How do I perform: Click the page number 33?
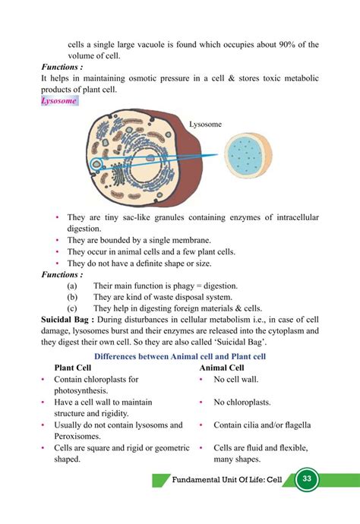pos(308,479)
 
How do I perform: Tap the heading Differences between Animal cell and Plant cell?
pos(179,355)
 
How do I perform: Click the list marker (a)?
pos(73,286)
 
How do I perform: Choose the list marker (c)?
pos(73,308)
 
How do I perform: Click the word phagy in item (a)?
pos(170,286)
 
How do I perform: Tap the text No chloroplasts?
pos(242,402)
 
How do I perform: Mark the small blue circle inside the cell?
pos(96,163)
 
